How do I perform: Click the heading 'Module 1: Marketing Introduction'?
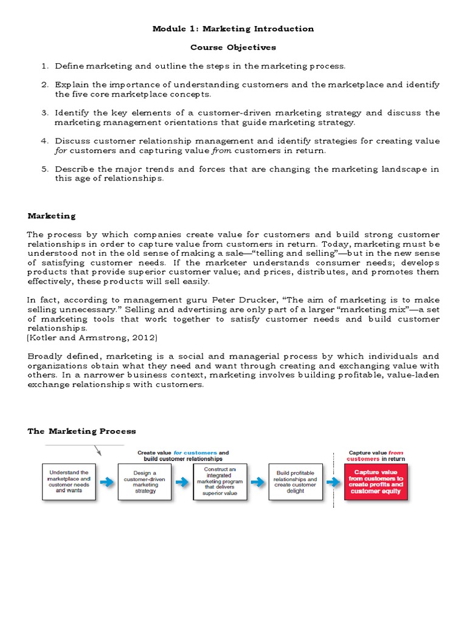click(233, 29)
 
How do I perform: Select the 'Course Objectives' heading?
click(233, 47)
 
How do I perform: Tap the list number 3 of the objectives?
click(44, 113)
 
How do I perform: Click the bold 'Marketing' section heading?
click(52, 216)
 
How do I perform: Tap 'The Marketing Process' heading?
click(82, 431)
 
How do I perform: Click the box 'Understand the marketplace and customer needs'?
click(69, 482)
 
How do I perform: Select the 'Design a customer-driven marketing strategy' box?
click(144, 482)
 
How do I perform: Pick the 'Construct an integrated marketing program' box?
click(220, 482)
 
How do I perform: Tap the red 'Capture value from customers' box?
click(376, 482)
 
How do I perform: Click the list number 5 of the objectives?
click(44, 169)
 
